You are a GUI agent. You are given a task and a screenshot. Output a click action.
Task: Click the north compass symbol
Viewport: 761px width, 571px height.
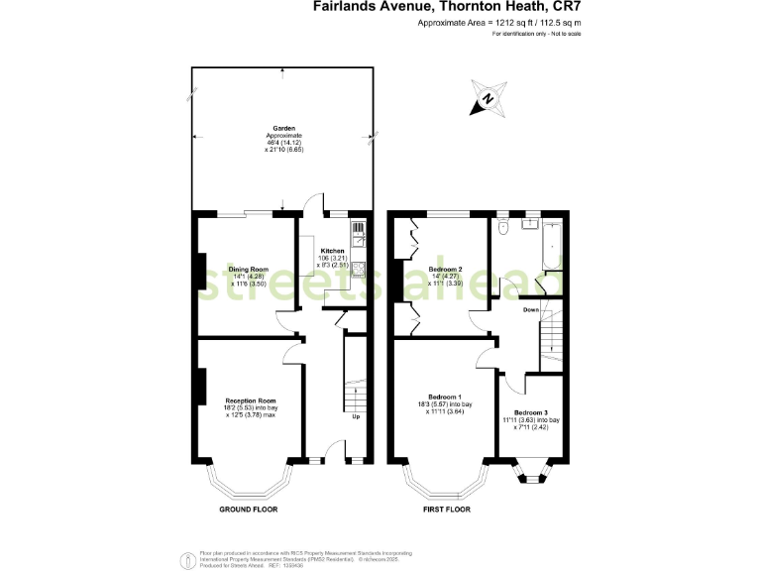(x=488, y=97)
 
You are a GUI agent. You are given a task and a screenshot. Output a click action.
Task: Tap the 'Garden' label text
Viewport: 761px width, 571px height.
(x=284, y=128)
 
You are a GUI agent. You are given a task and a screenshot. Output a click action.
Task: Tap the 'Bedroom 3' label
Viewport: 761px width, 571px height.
(x=531, y=411)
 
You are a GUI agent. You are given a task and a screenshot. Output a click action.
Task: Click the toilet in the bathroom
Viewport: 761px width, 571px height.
(x=503, y=228)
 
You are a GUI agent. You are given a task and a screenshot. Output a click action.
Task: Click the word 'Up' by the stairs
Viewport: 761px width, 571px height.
(x=356, y=416)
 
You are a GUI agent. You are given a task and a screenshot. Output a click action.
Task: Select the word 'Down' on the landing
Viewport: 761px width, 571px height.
(x=531, y=309)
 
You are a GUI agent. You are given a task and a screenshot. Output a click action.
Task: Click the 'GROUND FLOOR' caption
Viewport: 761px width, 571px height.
(x=248, y=509)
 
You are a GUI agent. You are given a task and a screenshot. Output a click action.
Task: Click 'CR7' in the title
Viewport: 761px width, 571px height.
(x=567, y=6)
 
